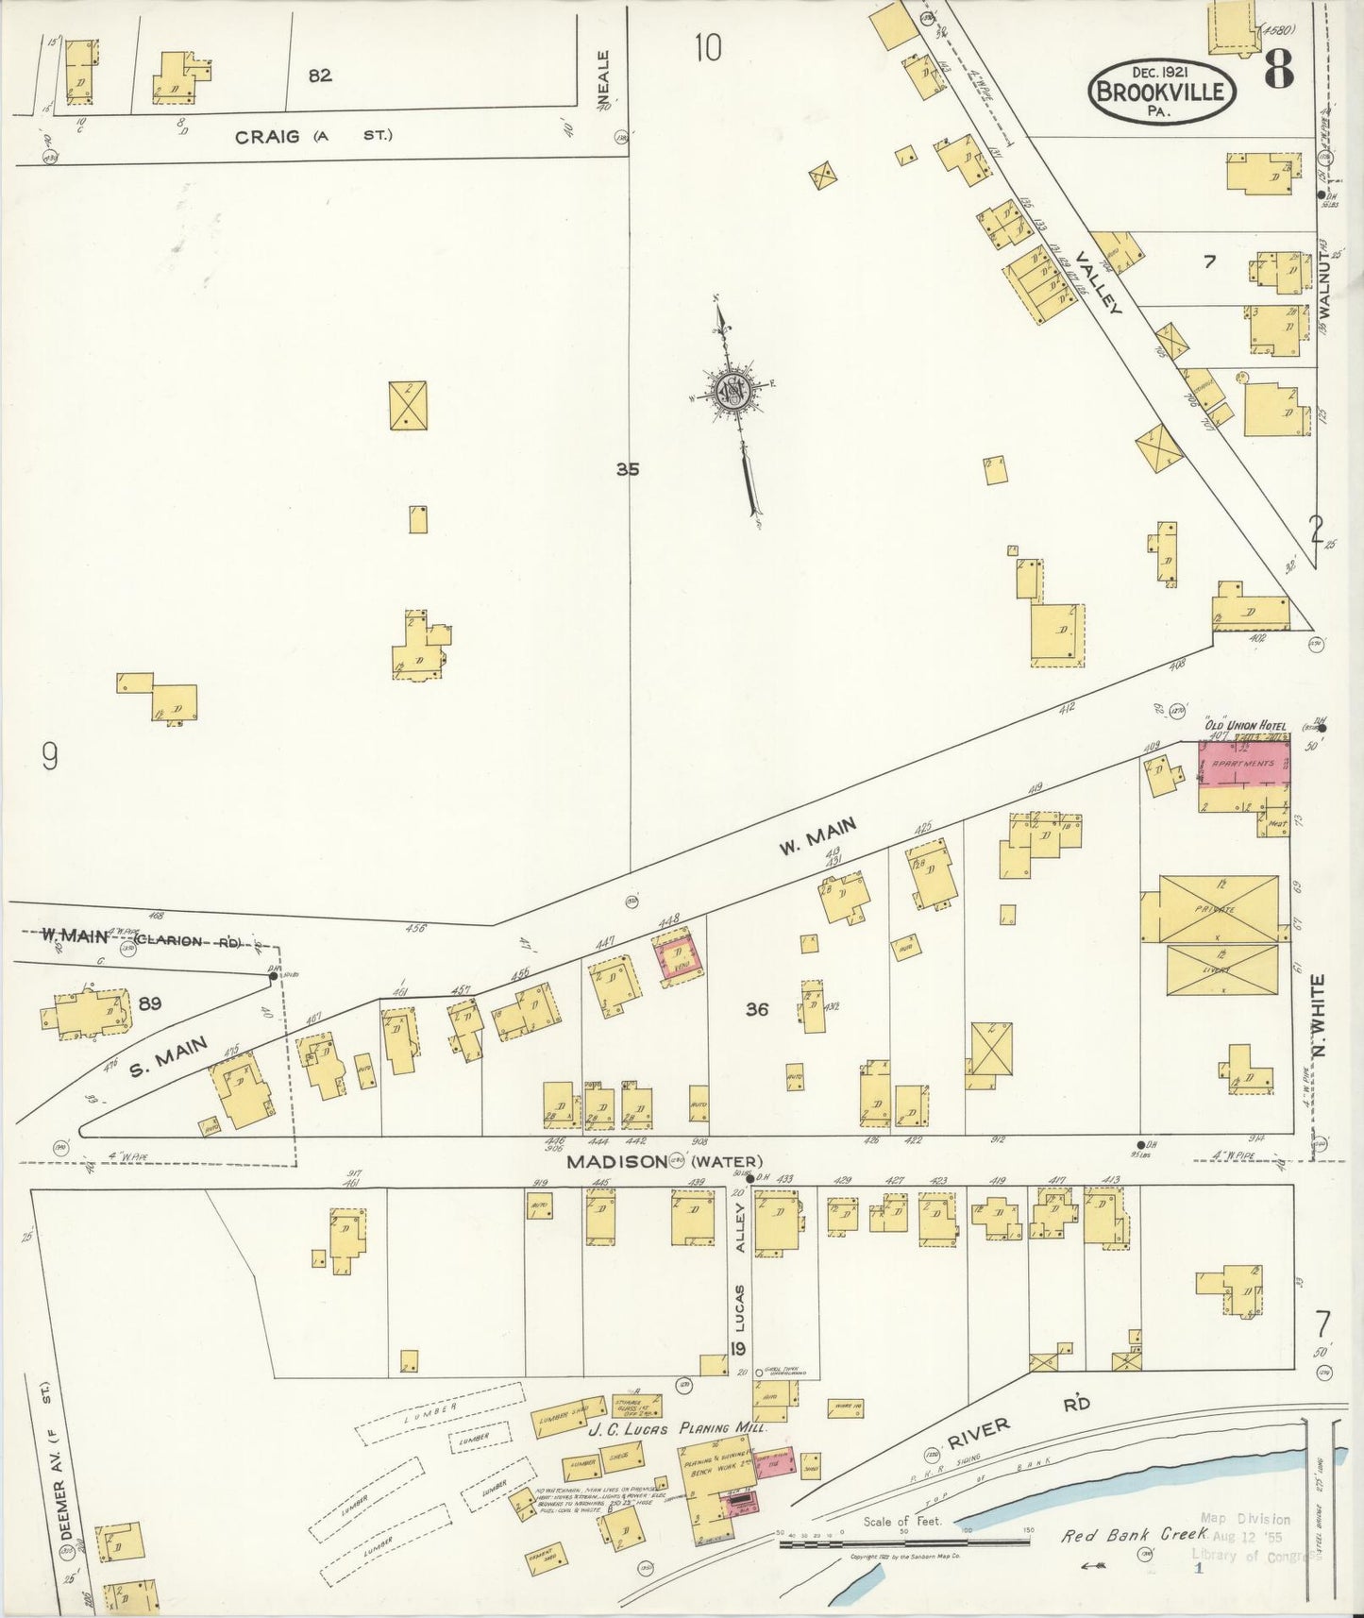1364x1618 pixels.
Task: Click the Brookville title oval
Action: pyautogui.click(x=1162, y=92)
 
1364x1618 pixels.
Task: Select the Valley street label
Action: pyautogui.click(x=1096, y=282)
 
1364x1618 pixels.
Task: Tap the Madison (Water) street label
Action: pyautogui.click(x=665, y=1162)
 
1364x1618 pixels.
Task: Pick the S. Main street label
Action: pyautogui.click(x=168, y=1056)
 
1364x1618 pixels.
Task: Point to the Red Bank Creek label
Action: pyautogui.click(x=1134, y=1535)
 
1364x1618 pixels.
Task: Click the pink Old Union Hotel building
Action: pyautogui.click(x=1243, y=763)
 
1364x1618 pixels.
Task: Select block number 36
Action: pyautogui.click(x=756, y=1009)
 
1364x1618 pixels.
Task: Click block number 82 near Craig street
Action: pyautogui.click(x=320, y=75)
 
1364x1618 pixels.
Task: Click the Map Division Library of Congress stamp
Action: pyautogui.click(x=1246, y=1536)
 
